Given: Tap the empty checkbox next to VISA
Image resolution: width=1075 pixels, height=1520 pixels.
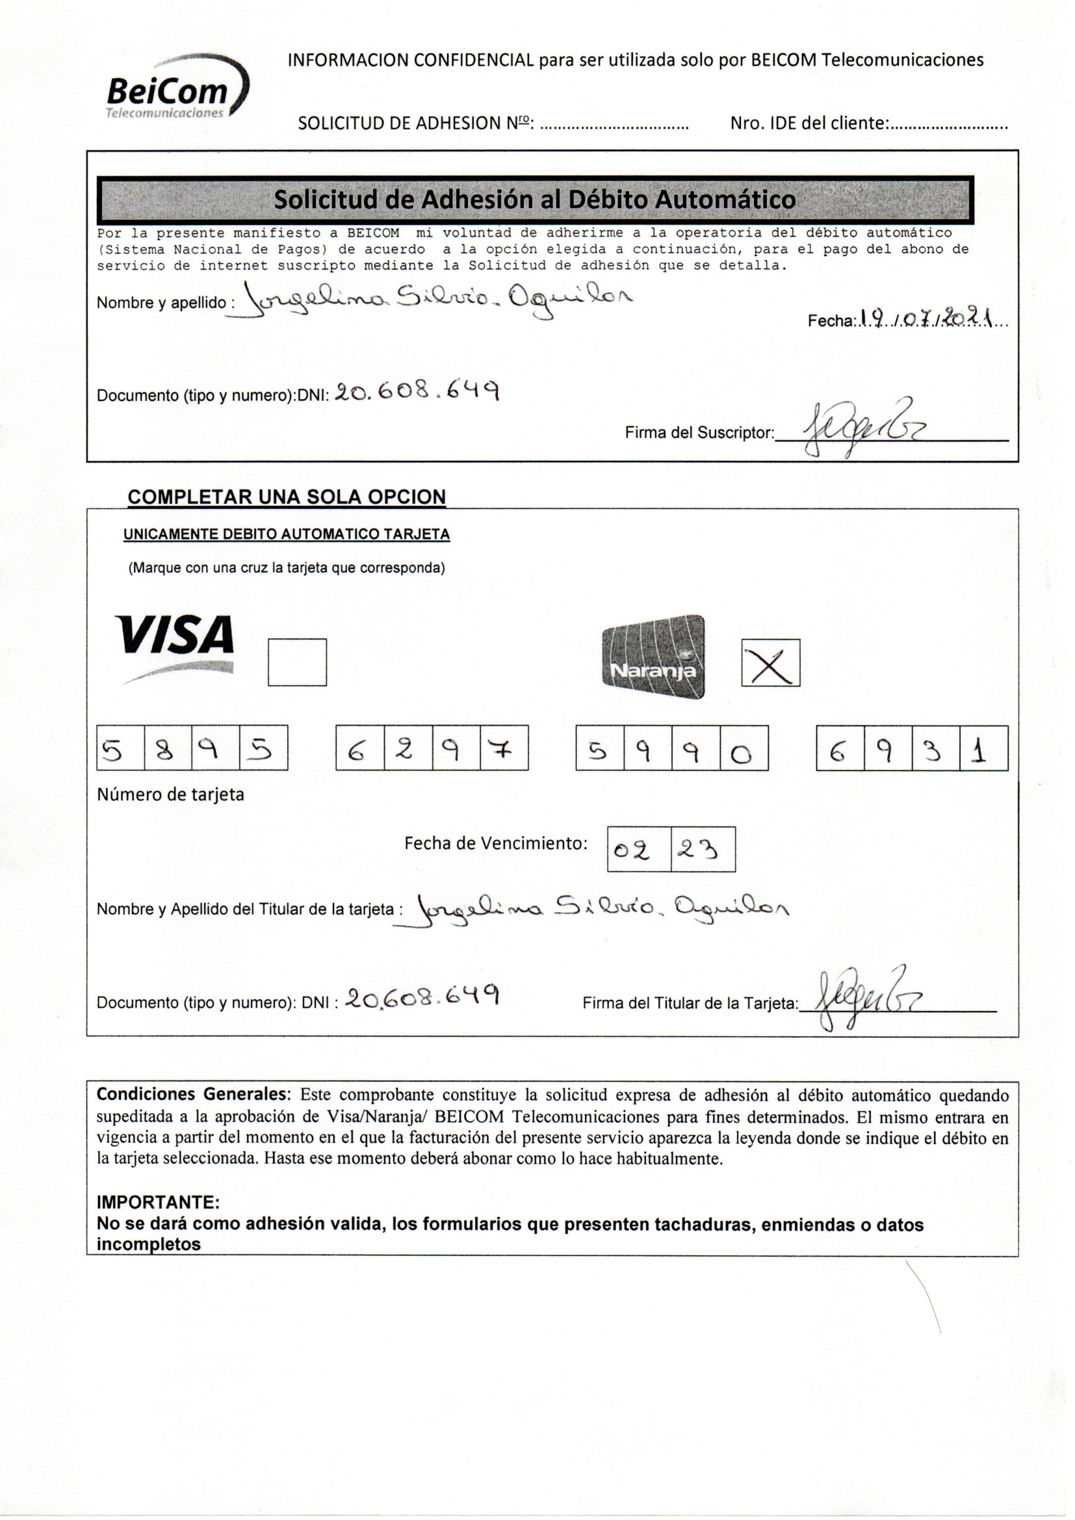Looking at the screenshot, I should [x=297, y=662].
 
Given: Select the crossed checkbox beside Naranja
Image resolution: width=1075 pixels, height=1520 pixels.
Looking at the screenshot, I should [x=771, y=662].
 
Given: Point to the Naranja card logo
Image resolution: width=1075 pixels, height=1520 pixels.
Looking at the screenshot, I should [x=653, y=656].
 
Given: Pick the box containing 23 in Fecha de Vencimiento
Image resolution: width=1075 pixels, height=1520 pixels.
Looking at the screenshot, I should [x=703, y=849].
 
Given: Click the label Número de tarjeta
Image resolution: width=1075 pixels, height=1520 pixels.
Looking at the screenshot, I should [x=170, y=794].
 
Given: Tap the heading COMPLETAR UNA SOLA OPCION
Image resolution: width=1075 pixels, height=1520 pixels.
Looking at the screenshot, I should [x=286, y=497].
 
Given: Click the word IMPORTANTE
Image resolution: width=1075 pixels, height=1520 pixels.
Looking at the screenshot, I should [x=158, y=1201].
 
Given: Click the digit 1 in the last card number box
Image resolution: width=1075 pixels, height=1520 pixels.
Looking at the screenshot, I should [x=983, y=749].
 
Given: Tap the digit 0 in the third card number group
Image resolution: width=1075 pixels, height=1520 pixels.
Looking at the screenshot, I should [x=744, y=749].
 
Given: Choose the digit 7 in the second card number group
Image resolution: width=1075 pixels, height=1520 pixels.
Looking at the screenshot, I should [x=504, y=749].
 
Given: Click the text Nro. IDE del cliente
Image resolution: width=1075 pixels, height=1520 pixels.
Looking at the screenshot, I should [x=809, y=123].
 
